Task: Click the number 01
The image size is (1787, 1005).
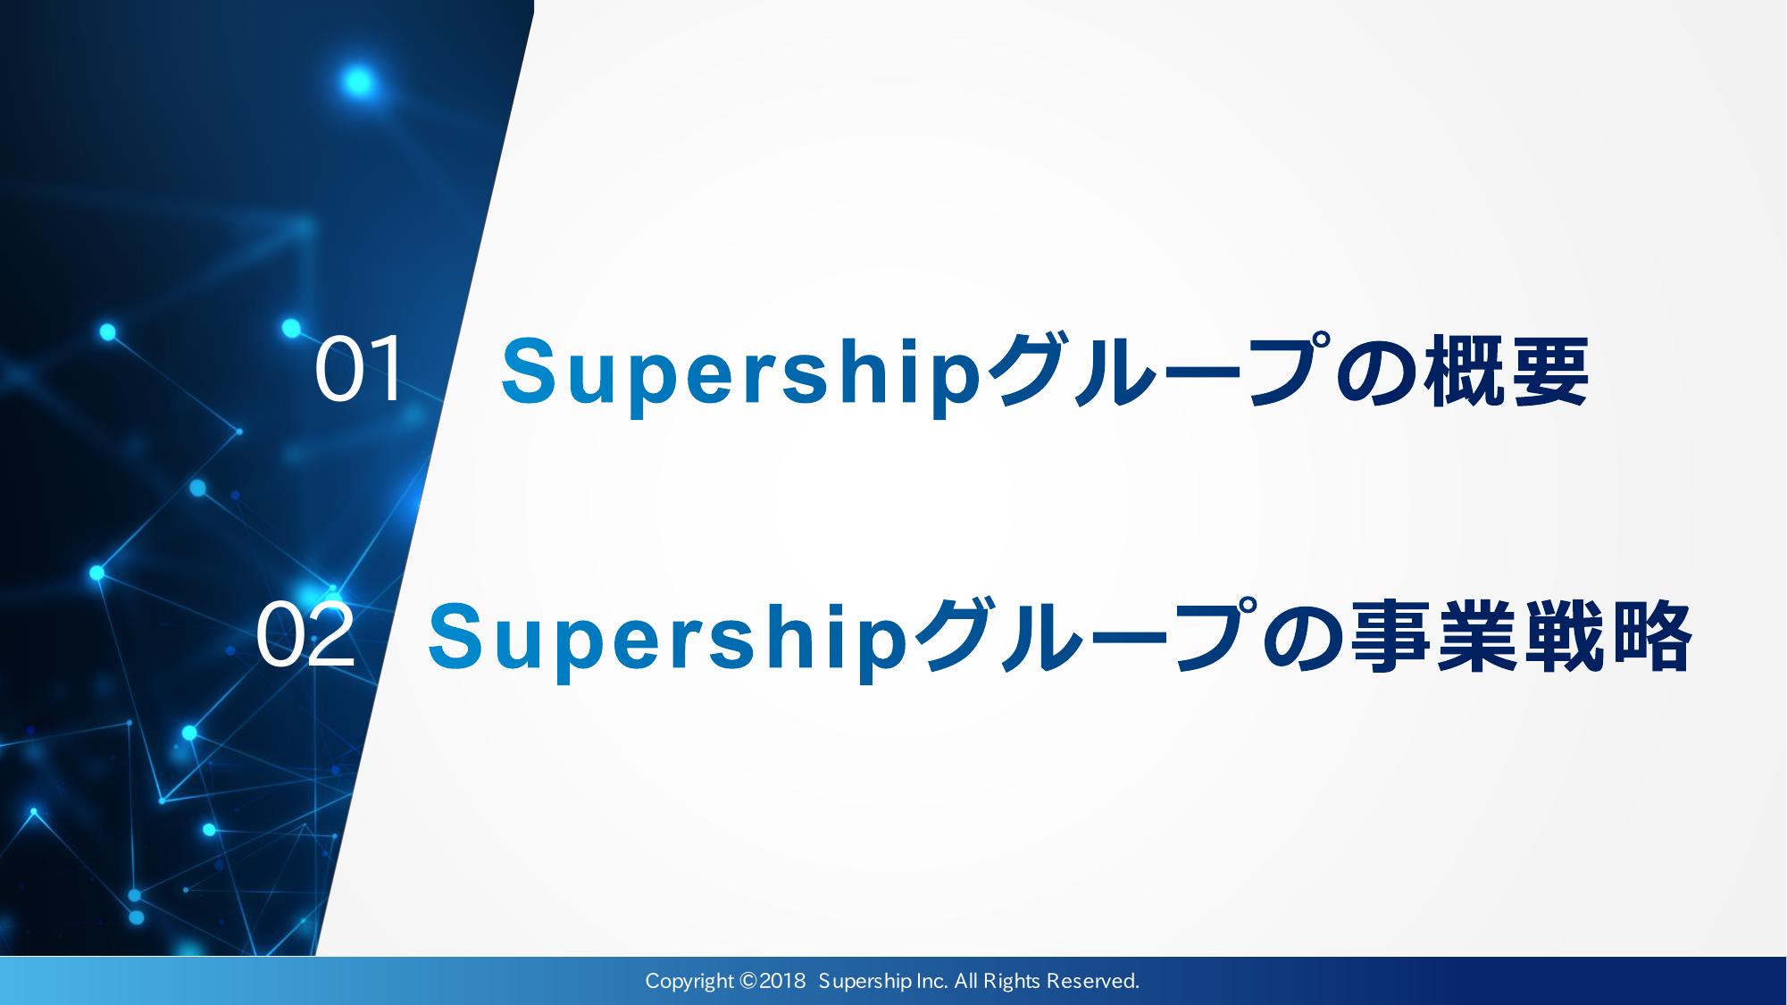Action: tap(358, 371)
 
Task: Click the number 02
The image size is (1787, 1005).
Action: tap(305, 638)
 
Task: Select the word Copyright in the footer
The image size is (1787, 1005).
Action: tap(689, 983)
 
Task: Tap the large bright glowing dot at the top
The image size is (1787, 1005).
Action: tap(357, 82)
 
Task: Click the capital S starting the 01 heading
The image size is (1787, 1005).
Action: tap(527, 369)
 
